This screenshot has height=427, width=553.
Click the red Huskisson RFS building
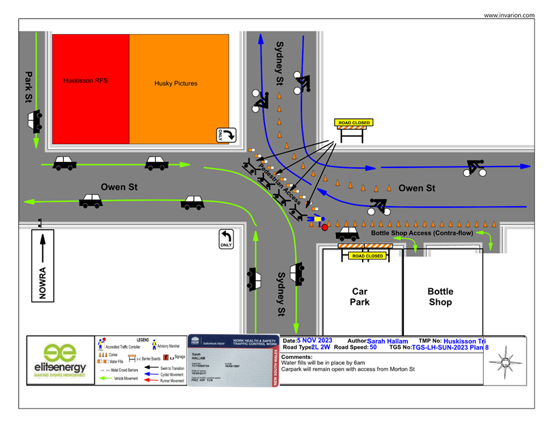click(90, 88)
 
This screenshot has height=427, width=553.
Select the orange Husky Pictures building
click(179, 88)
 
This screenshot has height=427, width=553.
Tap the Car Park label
click(360, 296)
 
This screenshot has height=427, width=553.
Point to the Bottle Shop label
click(440, 296)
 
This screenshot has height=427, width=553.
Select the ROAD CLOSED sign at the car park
click(367, 256)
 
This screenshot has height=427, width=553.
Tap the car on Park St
click(35, 122)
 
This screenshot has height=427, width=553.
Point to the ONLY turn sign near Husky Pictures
click(225, 135)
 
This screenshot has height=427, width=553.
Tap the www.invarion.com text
click(509, 15)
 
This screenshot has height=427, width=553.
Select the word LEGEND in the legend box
click(142, 339)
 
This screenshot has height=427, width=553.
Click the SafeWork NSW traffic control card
click(232, 361)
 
